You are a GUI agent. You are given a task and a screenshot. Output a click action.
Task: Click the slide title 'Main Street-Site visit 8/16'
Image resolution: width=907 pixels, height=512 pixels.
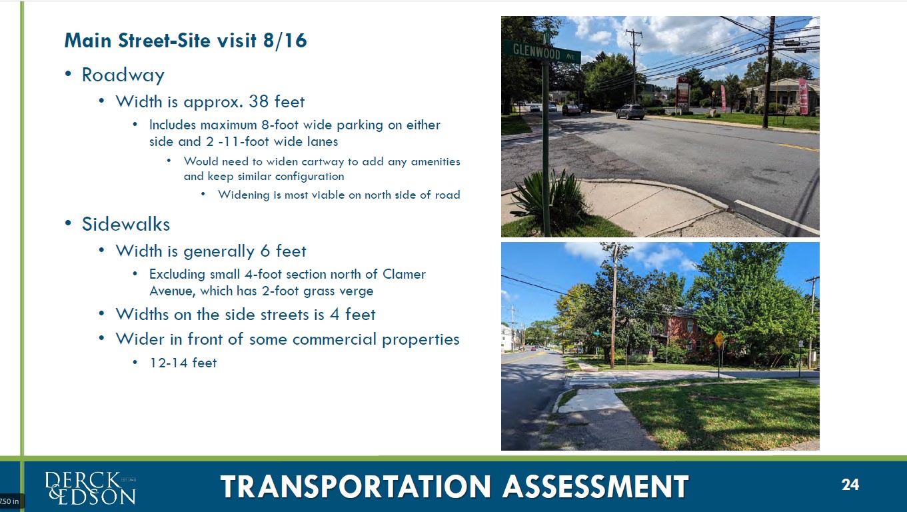185,41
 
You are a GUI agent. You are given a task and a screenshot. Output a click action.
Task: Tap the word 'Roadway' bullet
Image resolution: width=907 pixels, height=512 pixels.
123,75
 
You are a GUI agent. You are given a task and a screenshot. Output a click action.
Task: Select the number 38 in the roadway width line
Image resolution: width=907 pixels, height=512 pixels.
259,101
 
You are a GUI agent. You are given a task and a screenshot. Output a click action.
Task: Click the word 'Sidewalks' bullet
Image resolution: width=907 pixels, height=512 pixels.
126,224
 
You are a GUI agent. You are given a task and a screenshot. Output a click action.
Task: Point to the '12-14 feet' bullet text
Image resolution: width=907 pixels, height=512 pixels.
183,363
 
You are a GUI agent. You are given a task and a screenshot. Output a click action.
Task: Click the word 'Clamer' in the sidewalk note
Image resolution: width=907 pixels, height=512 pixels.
404,274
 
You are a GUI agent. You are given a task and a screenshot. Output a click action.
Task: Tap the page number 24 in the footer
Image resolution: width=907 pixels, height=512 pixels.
850,485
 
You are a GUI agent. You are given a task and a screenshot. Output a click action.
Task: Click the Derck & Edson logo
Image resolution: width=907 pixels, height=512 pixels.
90,488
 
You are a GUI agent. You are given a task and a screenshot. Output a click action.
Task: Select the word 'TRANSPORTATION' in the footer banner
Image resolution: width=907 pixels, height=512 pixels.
355,486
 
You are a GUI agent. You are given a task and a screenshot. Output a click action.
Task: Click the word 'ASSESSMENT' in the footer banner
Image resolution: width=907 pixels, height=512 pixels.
595,486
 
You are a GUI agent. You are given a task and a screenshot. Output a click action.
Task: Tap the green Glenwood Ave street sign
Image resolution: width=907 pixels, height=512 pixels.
542,51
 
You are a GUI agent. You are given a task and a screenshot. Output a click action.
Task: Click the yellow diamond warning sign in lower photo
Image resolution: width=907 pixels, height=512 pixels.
719,339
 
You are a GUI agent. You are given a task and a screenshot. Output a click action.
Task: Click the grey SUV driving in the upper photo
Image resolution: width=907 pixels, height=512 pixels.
630,111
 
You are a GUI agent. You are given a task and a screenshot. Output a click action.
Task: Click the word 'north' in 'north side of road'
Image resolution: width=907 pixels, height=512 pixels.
378,195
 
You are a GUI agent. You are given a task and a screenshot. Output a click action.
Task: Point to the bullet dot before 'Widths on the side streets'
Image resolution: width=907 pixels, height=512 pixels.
102,314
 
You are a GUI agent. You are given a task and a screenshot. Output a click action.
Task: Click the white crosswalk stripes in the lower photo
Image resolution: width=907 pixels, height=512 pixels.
592,379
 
